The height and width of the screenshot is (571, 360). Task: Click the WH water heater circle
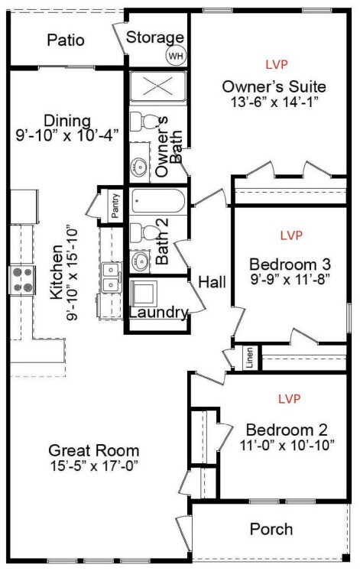pyautogui.click(x=176, y=56)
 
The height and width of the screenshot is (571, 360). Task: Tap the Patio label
pyautogui.click(x=66, y=40)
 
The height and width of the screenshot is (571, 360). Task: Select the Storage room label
pyautogui.click(x=155, y=37)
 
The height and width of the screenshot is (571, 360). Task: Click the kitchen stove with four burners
pyautogui.click(x=22, y=280)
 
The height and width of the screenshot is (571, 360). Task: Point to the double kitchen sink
pyautogui.click(x=111, y=277)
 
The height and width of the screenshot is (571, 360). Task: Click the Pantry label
pyautogui.click(x=115, y=206)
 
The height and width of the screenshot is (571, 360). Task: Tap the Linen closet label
pyautogui.click(x=250, y=358)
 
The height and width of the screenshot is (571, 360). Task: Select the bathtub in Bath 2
pyautogui.click(x=158, y=200)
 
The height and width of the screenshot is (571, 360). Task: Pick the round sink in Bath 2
pyautogui.click(x=140, y=261)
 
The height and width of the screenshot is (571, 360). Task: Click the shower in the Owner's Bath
pyautogui.click(x=158, y=86)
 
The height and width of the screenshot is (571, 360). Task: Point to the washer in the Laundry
pyautogui.click(x=144, y=294)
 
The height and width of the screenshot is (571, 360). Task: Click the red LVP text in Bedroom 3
pyautogui.click(x=291, y=235)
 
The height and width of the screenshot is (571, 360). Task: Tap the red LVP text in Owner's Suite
pyautogui.click(x=277, y=64)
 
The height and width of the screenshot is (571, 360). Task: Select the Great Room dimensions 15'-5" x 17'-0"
pyautogui.click(x=94, y=466)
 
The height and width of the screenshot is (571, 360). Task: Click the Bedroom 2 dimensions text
pyautogui.click(x=287, y=445)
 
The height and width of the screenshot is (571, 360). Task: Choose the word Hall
pyautogui.click(x=212, y=282)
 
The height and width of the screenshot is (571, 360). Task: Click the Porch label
pyautogui.click(x=271, y=529)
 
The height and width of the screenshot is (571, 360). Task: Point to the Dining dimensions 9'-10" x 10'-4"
pyautogui.click(x=67, y=135)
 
